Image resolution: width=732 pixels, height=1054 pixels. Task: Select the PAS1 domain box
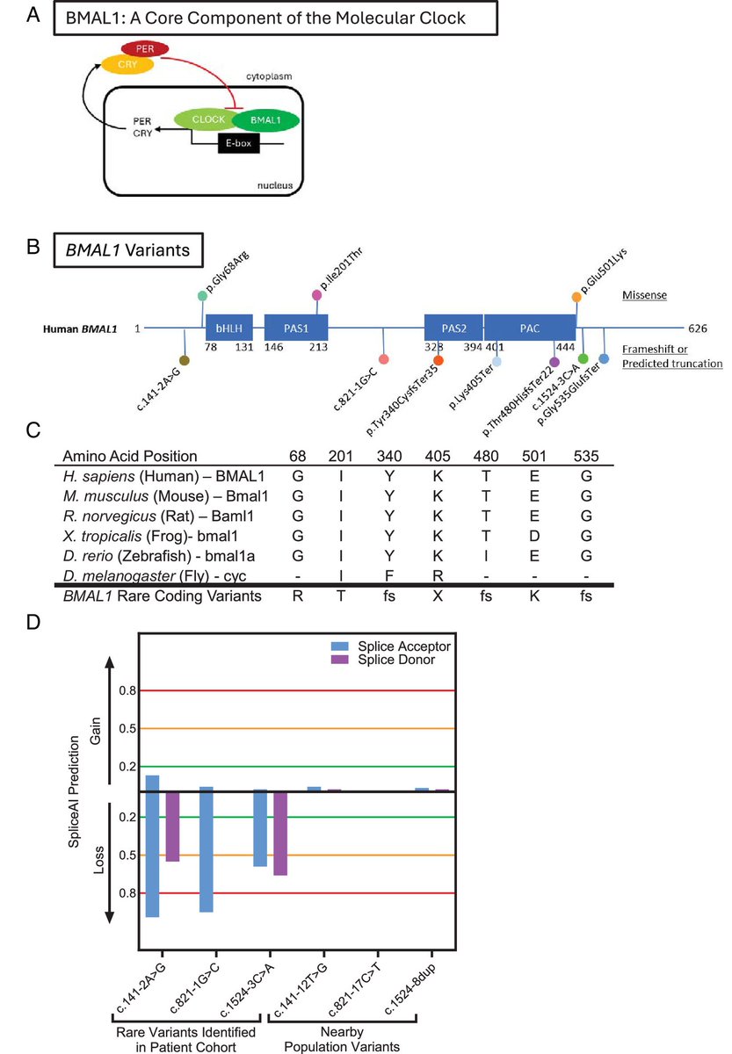[295, 328]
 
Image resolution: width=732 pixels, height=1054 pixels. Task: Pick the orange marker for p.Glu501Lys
[576, 298]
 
